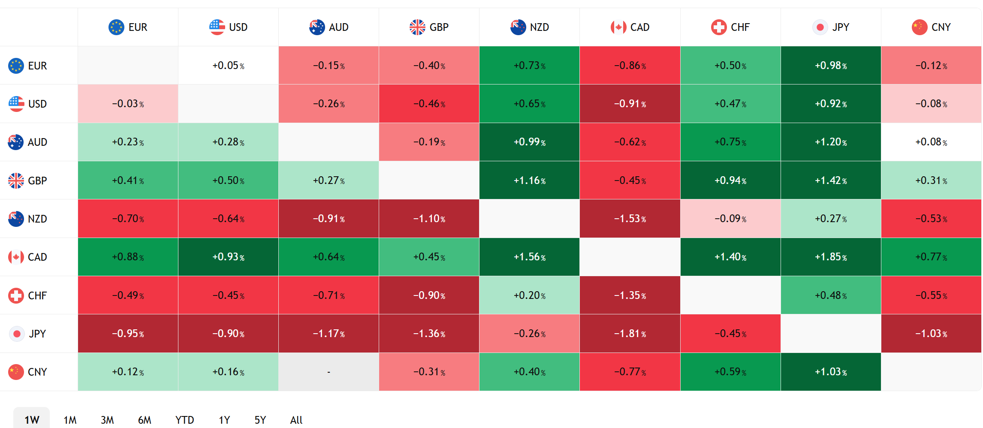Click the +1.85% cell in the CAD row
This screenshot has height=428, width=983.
(831, 257)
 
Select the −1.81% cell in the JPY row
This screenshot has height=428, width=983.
(630, 334)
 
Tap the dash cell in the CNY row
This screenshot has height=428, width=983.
(329, 372)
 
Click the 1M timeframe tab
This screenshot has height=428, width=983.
(70, 420)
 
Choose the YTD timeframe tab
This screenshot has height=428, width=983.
(184, 420)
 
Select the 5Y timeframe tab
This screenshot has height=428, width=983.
(260, 420)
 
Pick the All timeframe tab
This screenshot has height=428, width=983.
(296, 420)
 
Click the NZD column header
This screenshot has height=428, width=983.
(530, 27)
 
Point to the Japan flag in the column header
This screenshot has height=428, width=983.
(820, 27)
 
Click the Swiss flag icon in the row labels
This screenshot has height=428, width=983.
(16, 295)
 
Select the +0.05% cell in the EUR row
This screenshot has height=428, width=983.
(228, 66)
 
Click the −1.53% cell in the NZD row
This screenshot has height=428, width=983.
(630, 219)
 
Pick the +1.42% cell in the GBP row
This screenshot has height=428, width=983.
(831, 181)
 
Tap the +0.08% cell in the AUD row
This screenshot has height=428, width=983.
(931, 142)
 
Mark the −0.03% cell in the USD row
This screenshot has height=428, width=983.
(128, 104)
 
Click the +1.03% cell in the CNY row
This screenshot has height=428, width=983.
(831, 372)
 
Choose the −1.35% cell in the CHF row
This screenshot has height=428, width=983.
(630, 295)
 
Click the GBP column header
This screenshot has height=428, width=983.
(429, 27)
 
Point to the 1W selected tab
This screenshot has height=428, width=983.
(32, 419)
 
